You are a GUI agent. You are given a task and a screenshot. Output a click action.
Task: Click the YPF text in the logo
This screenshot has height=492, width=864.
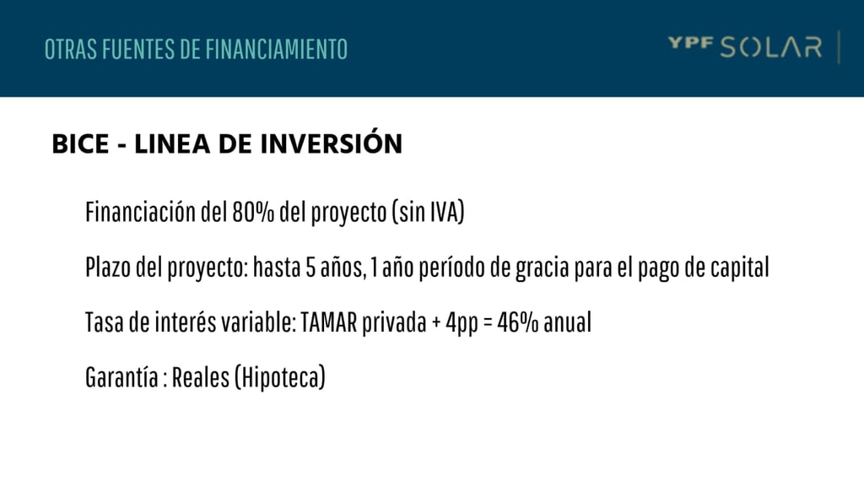click(x=691, y=44)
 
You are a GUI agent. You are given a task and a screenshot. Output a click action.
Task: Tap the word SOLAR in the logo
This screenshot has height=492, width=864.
click(x=771, y=48)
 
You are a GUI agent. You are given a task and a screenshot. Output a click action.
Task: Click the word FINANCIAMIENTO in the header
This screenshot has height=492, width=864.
click(x=277, y=49)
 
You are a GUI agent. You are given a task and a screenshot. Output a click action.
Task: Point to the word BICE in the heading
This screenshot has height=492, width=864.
click(x=80, y=143)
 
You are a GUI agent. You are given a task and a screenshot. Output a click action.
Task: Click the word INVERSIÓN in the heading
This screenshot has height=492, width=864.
click(x=331, y=142)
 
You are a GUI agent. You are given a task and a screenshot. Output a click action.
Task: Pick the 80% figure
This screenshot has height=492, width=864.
click(x=253, y=212)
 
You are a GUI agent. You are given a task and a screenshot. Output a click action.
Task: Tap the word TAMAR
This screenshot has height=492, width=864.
click(x=329, y=323)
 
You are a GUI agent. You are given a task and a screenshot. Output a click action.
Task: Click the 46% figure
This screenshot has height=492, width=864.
click(x=518, y=323)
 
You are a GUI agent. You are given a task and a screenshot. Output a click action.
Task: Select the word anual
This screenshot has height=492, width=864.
click(x=568, y=322)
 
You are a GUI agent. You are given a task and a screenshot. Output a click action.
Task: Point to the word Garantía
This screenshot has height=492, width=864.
click(x=121, y=377)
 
